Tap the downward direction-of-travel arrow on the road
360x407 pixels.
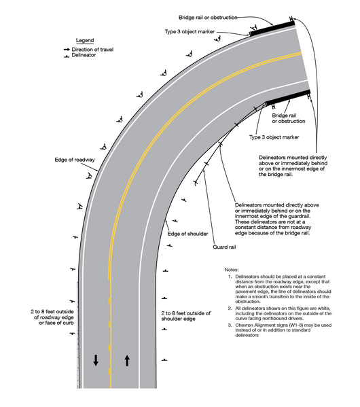(95, 359)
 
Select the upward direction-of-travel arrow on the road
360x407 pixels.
(127, 359)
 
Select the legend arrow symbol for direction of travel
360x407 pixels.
(67, 50)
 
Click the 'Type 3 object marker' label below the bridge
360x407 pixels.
(274, 137)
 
